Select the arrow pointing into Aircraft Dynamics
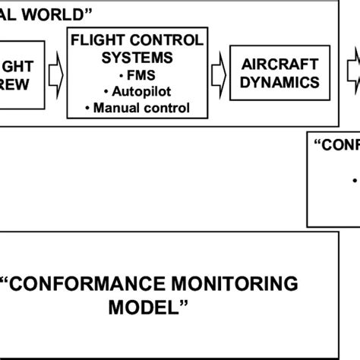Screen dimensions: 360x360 (x=219, y=74)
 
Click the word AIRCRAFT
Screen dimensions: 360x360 (x=276, y=67)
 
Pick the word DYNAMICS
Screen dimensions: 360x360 (x=276, y=83)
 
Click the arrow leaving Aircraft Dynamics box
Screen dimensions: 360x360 (x=351, y=74)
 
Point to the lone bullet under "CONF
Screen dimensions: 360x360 (x=355, y=181)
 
